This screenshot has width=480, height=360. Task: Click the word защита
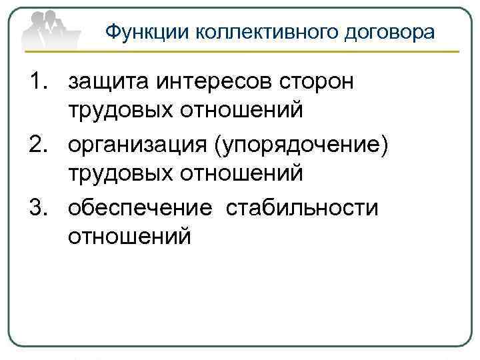(109, 82)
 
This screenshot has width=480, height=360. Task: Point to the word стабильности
(302, 207)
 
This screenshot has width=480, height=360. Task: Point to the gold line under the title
(267, 52)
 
